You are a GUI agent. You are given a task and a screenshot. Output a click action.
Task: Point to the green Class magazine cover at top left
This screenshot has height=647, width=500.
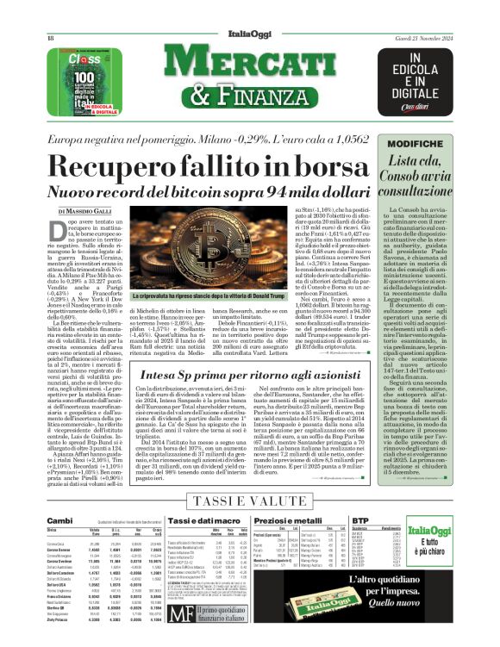click(79, 79)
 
